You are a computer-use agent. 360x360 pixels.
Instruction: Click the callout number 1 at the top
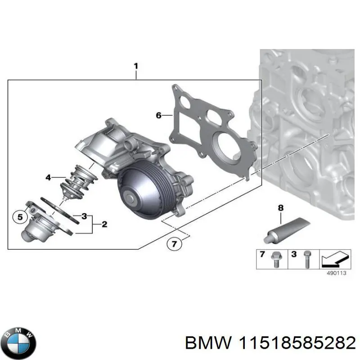pyautogui.click(x=136, y=66)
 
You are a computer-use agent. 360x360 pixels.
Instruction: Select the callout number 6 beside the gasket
pyautogui.click(x=158, y=116)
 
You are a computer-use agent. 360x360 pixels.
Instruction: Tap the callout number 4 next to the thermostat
pyautogui.click(x=48, y=177)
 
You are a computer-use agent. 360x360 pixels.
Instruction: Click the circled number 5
pyautogui.click(x=19, y=217)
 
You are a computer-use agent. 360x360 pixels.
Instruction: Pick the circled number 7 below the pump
pyautogui.click(x=175, y=244)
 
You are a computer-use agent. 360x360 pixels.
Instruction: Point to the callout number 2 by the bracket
pyautogui.click(x=104, y=224)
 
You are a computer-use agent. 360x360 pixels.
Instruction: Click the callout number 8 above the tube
pyautogui.click(x=281, y=208)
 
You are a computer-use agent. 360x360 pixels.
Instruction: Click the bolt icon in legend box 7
pyautogui.click(x=274, y=260)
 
